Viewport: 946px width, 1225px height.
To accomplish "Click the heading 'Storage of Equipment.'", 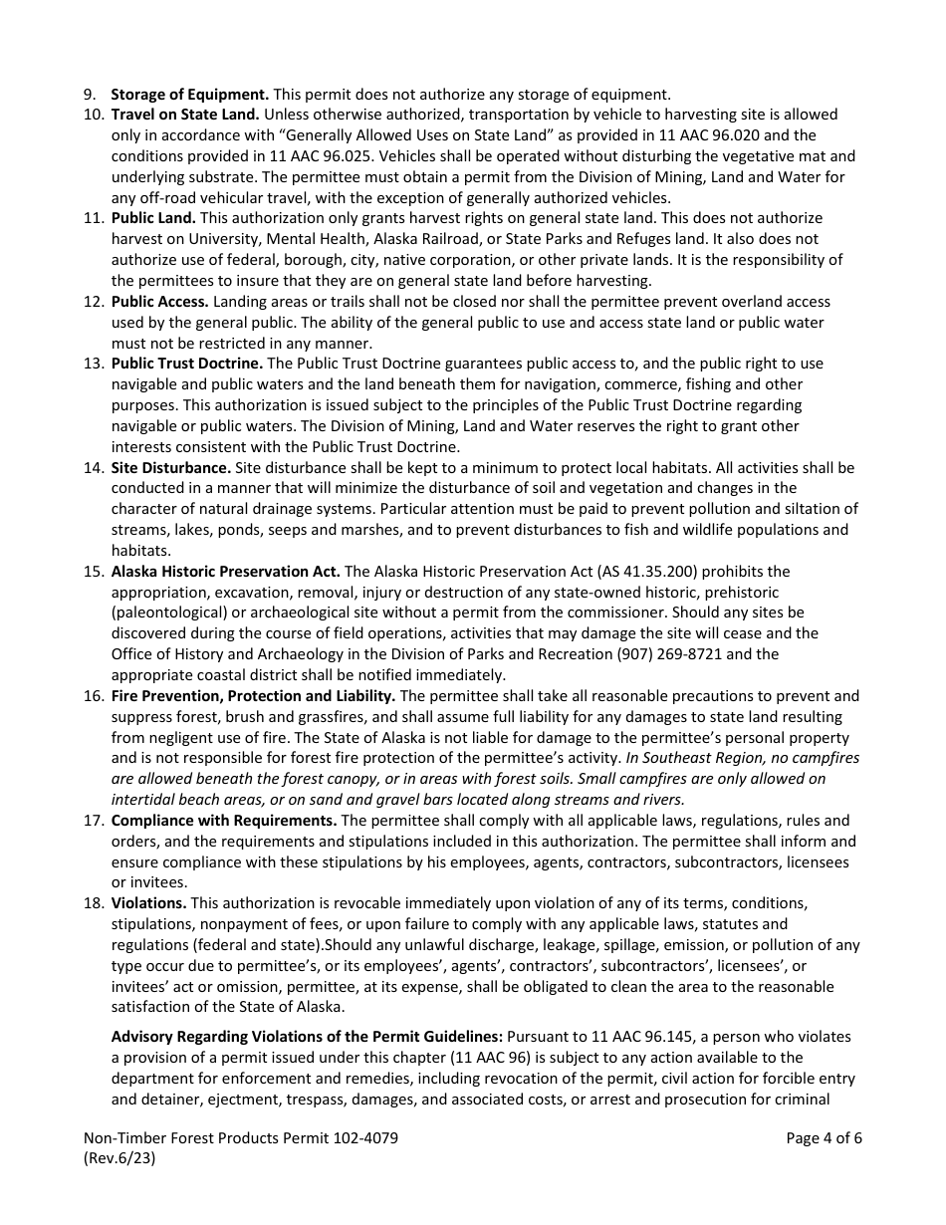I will [x=189, y=95].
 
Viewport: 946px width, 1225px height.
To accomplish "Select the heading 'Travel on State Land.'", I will [x=185, y=115].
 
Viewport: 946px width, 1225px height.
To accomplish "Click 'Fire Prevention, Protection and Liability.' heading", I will [x=253, y=696].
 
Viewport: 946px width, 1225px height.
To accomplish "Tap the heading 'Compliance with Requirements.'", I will [x=224, y=821].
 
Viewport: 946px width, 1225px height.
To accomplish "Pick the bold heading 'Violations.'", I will [x=148, y=903].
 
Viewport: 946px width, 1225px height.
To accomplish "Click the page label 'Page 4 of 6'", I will [x=824, y=1138].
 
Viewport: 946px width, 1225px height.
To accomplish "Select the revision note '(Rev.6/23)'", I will [x=119, y=1159].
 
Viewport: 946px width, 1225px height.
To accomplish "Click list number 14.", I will [x=93, y=467].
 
